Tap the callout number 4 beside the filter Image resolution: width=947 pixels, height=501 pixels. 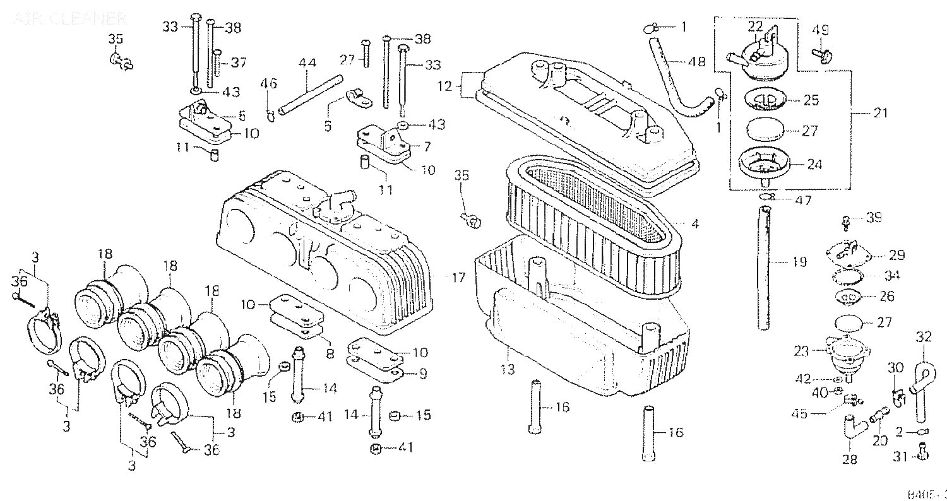pos(694,223)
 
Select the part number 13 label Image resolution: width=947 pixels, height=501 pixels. pos(508,370)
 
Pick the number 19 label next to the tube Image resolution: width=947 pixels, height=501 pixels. pos(799,262)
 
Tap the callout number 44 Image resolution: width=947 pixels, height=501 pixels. pos(307,63)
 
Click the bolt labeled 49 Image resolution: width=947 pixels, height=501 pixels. pos(819,56)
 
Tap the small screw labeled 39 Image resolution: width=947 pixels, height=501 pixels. pos(846,221)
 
